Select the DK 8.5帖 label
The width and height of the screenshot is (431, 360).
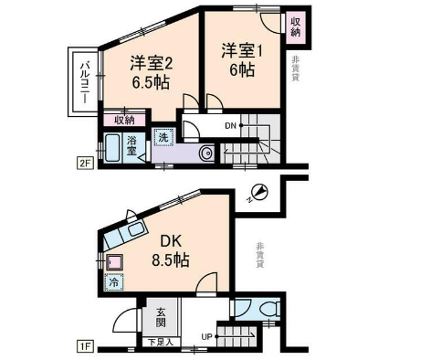coord(169,250)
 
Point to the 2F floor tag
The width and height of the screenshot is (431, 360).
coord(84,164)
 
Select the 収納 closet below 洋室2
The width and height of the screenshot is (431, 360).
coord(125,120)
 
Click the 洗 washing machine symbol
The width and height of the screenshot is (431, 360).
coord(163,137)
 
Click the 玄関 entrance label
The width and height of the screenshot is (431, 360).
coord(160,317)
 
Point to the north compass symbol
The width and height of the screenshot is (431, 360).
coord(259,192)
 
